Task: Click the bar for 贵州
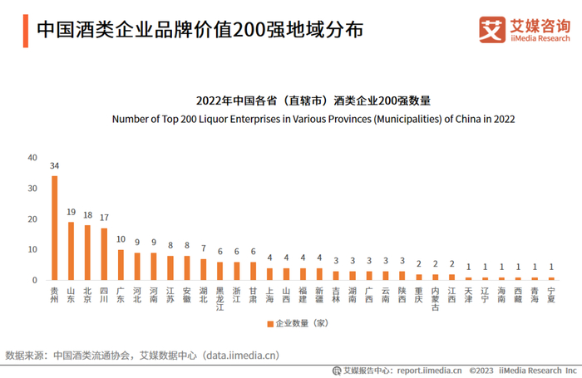pyautogui.click(x=54, y=228)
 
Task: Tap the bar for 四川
pyautogui.click(x=104, y=253)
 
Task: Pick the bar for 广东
pyautogui.click(x=121, y=264)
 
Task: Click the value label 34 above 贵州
pyautogui.click(x=54, y=166)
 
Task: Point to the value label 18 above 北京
pyautogui.click(x=87, y=215)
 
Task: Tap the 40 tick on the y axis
pyautogui.click(x=32, y=157)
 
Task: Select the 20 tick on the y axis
pyautogui.click(x=32, y=218)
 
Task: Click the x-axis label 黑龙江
pyautogui.click(x=219, y=298)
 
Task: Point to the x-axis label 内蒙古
pyautogui.click(x=435, y=298)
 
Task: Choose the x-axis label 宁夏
pyautogui.click(x=551, y=295)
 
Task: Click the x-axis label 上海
pyautogui.click(x=269, y=295)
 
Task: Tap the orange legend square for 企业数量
pyautogui.click(x=269, y=323)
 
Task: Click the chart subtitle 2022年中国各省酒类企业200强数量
pyautogui.click(x=313, y=101)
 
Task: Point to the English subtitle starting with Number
pyautogui.click(x=313, y=119)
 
